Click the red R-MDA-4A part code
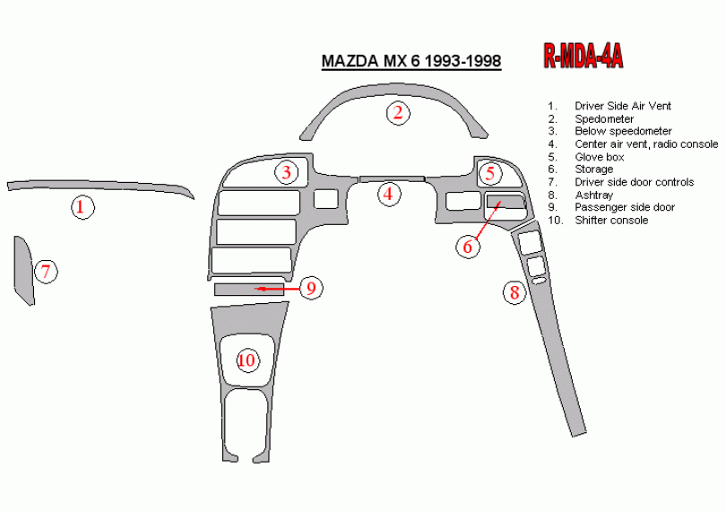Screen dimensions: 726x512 coord(583,56)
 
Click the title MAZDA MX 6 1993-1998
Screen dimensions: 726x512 coord(411,61)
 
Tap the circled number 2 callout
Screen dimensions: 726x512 coord(398,113)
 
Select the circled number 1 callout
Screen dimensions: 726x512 coord(82,207)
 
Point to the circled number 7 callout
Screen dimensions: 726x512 coord(46,272)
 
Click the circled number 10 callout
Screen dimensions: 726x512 coord(247,360)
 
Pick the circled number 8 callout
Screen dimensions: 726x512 coord(514,293)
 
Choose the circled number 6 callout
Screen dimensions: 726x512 coord(468,247)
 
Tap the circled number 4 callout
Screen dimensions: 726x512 coord(388,195)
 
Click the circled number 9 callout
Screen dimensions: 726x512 coord(311,288)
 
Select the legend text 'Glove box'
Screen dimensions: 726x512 coord(599,157)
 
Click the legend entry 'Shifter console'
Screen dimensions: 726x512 coord(611,220)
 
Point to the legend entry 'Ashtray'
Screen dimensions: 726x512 coord(593,195)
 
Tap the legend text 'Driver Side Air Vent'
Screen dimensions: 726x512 coord(623,106)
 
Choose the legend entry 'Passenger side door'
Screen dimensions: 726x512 coord(625,207)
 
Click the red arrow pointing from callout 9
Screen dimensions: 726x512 coord(277,289)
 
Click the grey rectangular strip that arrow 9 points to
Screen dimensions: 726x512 coord(249,290)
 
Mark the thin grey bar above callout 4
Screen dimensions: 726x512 coord(393,179)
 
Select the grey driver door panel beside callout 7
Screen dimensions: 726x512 coord(24,270)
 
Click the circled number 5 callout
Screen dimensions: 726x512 coord(490,173)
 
